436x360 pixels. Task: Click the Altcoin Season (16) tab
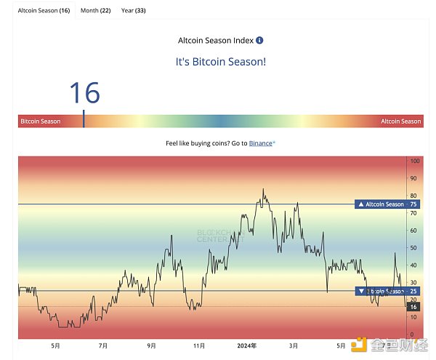coord(44,11)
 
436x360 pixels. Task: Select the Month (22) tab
coord(95,11)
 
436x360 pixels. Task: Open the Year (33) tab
coord(133,11)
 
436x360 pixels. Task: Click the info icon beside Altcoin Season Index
coord(260,41)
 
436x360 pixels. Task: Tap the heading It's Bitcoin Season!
coord(221,62)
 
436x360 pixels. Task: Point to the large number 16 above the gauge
coord(84,93)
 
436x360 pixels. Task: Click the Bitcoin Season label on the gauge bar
coord(41,121)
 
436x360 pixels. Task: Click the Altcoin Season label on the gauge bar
coord(400,121)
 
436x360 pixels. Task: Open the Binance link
coord(261,143)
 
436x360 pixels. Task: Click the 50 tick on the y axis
coord(414,248)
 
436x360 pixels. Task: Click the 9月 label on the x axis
coord(151,346)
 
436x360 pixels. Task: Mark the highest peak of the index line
coord(263,190)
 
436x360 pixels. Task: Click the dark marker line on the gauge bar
coord(84,119)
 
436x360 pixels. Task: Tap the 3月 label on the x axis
coord(293,346)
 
